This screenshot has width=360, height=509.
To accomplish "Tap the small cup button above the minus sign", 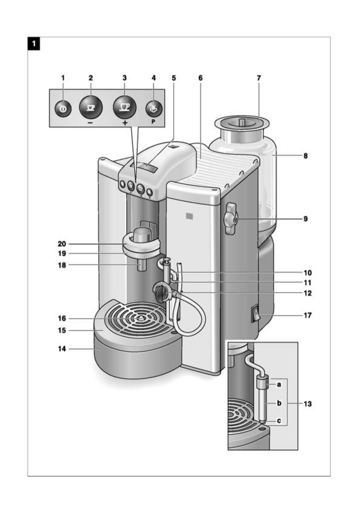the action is [91, 107].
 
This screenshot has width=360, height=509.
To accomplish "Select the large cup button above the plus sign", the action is [125, 107].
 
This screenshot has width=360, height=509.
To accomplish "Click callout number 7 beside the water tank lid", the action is [259, 78].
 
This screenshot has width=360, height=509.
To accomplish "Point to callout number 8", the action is [306, 156].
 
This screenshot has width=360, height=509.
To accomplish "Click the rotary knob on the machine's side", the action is [231, 219].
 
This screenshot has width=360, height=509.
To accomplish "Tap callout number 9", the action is [306, 219].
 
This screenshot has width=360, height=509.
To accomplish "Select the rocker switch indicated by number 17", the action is [256, 313].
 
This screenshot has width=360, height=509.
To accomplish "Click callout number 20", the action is [62, 244].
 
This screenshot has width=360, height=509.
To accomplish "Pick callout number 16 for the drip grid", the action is [62, 319].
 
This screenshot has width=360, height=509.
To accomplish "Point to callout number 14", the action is [62, 349].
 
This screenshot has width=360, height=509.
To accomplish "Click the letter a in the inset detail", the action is [279, 384].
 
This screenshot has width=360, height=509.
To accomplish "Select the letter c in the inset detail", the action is [279, 421].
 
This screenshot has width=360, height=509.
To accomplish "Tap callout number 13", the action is [307, 404].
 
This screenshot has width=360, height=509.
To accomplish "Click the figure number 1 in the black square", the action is [34, 44].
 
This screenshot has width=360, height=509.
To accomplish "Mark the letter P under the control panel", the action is [153, 122].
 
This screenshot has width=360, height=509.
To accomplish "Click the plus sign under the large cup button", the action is [125, 123].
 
